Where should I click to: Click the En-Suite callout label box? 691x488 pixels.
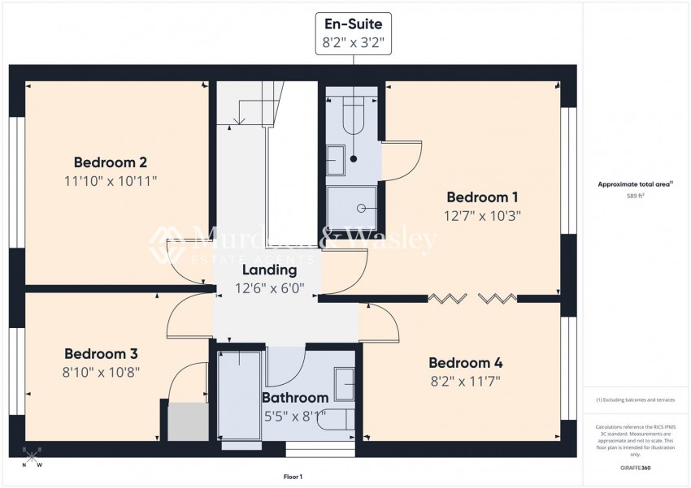coord(354,33)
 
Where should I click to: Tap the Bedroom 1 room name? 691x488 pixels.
coord(482,197)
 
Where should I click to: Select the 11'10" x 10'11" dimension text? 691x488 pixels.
coord(110,180)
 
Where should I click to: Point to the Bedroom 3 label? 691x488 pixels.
coord(101,354)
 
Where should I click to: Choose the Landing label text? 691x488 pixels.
coord(267,270)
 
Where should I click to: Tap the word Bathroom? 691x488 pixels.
coord(294,398)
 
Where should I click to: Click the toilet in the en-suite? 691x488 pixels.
coord(354,114)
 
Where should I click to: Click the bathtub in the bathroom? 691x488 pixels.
coord(239,398)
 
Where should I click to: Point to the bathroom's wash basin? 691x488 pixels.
coord(345,383)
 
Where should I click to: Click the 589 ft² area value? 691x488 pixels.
coord(635,196)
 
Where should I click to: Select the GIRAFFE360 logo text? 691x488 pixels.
coord(635,469)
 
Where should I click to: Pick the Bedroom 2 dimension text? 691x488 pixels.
coord(110,180)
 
